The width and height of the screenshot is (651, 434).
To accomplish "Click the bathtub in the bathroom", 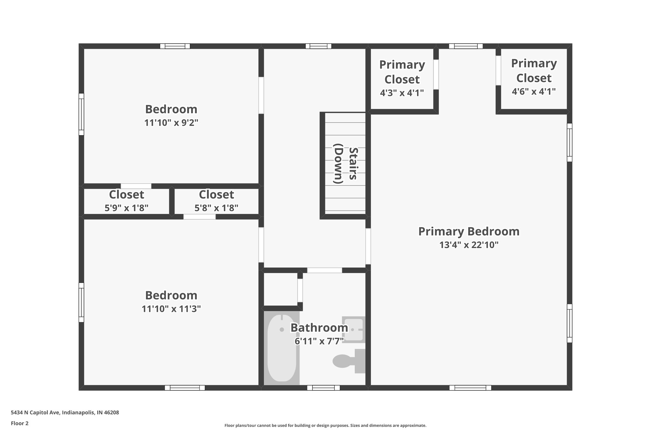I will tap(282, 348).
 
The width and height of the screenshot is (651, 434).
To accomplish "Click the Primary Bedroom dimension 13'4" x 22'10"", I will tap(469, 245).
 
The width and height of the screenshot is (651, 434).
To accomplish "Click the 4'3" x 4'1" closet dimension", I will tap(402, 93).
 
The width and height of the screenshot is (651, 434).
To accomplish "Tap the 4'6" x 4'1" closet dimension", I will tap(534, 92).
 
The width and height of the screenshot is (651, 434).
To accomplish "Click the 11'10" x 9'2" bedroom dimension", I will tap(171, 123).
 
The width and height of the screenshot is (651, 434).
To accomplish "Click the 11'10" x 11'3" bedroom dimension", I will tap(171, 309).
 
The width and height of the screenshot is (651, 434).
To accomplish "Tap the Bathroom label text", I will tap(319, 327).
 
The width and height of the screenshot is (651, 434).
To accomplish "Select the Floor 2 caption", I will tap(20, 423).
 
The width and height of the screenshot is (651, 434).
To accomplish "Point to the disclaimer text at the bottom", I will tap(325, 425).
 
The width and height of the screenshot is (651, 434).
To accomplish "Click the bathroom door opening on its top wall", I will tap(325, 270).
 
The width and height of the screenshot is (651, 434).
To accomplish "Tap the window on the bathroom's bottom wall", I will tap(323, 388).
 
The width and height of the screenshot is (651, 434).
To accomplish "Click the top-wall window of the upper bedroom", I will tap(175, 46).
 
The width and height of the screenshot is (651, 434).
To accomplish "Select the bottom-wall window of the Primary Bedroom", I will tap(470, 388).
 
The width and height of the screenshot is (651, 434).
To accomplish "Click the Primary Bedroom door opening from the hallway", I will tap(368, 246).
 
